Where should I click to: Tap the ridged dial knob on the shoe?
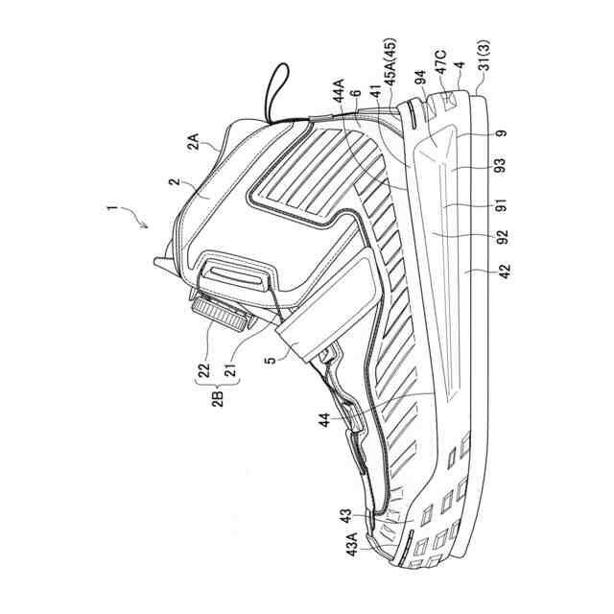tap(220, 313)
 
